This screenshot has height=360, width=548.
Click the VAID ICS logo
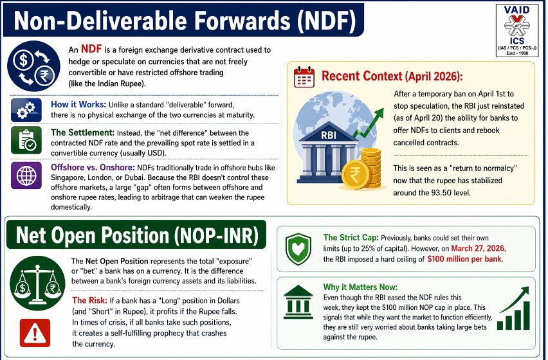(x=516, y=31)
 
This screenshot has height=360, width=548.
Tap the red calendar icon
(x=304, y=76)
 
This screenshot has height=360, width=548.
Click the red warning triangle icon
(x=35, y=333)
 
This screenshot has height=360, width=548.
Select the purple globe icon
(x=26, y=175)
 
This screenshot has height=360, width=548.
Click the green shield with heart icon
(x=298, y=249)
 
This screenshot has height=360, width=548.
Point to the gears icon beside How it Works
(x=26, y=110)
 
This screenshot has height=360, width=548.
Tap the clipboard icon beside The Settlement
(x=26, y=140)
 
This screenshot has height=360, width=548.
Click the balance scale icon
(x=37, y=283)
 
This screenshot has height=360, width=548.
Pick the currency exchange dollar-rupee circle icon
(x=33, y=66)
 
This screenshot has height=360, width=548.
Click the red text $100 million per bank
(x=465, y=259)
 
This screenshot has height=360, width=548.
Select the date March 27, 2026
(x=479, y=248)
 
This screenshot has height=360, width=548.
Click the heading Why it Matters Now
(x=360, y=287)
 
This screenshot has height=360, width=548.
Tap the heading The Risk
(x=90, y=300)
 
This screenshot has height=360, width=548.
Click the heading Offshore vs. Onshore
(x=93, y=167)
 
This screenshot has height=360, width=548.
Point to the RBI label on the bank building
(x=329, y=135)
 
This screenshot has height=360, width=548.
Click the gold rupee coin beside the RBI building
(x=356, y=175)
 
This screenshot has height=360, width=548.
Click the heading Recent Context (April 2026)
(x=392, y=76)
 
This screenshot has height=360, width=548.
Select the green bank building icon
(x=298, y=301)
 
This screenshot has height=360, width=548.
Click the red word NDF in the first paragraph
(x=91, y=49)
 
